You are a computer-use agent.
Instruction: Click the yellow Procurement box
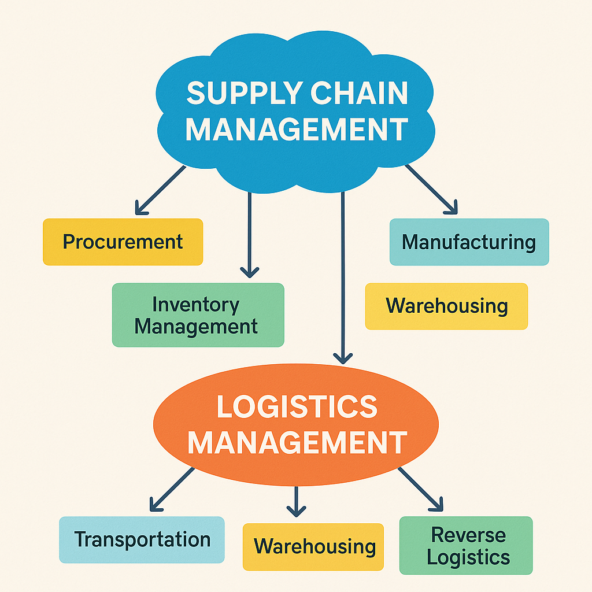click(x=123, y=242)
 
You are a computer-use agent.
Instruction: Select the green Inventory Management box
click(x=198, y=315)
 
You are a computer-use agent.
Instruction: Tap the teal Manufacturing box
click(x=469, y=242)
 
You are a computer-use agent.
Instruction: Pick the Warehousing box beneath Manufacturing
click(x=446, y=306)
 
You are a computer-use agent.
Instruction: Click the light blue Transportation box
click(x=142, y=539)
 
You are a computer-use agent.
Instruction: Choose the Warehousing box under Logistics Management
click(x=313, y=546)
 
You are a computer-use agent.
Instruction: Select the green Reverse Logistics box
click(x=466, y=546)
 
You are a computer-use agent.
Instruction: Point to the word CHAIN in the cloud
click(x=358, y=93)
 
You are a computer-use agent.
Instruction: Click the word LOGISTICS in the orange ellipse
click(x=296, y=407)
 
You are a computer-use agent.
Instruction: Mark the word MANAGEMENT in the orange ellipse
click(x=297, y=443)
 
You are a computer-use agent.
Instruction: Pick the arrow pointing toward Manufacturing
click(x=431, y=190)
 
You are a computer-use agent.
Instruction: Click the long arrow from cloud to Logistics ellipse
click(x=343, y=277)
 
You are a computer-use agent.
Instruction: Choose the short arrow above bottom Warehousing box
click(x=296, y=501)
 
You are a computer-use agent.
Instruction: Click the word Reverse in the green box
click(x=468, y=535)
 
